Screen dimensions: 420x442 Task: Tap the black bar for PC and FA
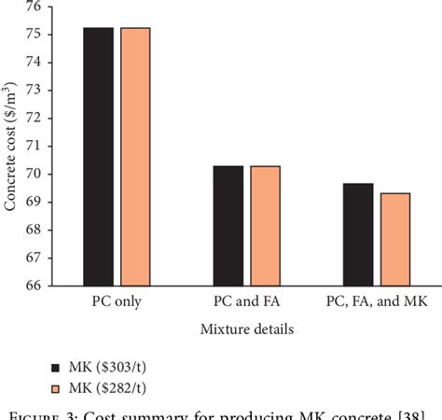(228, 225)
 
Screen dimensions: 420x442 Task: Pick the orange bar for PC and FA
(265, 225)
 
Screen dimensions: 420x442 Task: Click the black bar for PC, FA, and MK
(358, 233)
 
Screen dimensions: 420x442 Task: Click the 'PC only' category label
(117, 302)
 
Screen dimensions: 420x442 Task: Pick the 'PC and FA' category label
(246, 302)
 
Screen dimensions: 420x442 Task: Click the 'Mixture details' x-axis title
(246, 329)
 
